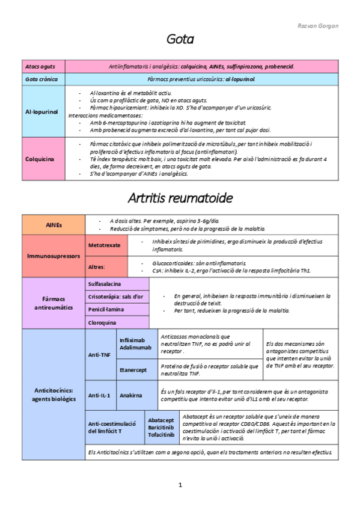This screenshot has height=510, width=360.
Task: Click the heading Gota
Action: [180, 40]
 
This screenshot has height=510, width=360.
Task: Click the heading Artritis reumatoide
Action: [180, 197]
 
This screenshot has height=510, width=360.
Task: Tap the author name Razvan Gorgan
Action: [318, 26]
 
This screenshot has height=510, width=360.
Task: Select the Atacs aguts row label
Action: [40, 66]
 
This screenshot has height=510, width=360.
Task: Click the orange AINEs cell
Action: [53, 224]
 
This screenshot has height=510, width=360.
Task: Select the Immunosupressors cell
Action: [53, 256]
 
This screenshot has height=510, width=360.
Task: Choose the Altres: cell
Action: [97, 266]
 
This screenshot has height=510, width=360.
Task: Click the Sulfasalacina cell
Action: [105, 283]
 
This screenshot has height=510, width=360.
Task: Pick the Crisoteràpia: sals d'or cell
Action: [115, 296]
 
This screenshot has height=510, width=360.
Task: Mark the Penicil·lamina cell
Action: [107, 309]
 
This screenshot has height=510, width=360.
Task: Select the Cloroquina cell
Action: [102, 322]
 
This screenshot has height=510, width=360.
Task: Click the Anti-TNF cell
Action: [99, 355]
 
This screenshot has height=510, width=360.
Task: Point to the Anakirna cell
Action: [131, 395]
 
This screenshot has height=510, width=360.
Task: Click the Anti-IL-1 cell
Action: [100, 395]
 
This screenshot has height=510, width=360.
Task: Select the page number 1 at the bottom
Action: [180, 485]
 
